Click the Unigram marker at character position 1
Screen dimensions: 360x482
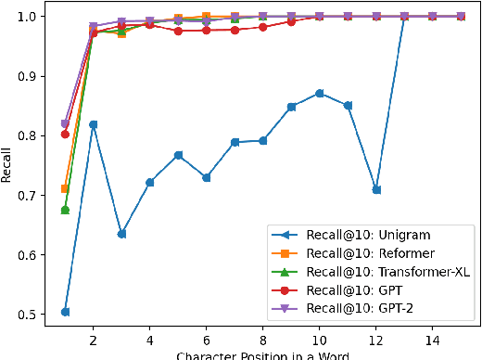[x=65, y=312]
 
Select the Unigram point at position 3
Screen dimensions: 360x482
[x=121, y=234]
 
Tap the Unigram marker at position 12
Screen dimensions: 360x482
[x=376, y=189]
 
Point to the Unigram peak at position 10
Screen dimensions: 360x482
[x=320, y=93]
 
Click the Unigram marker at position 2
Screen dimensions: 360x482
[x=93, y=124]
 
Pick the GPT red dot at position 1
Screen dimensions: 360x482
[x=65, y=134]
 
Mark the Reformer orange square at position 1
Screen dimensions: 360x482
[x=65, y=188]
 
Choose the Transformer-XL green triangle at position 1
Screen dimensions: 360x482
[x=65, y=210]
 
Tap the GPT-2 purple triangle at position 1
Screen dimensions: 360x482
[x=65, y=123]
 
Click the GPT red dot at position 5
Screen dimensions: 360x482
[x=178, y=31]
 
